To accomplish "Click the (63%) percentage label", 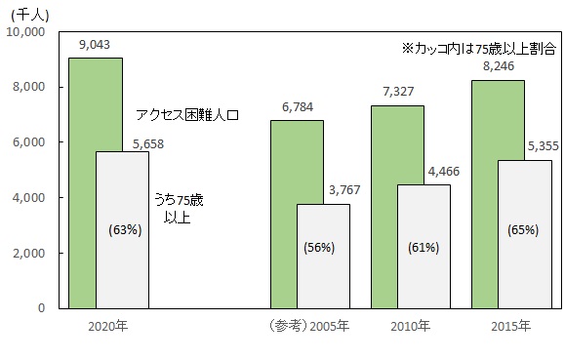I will point(122,231).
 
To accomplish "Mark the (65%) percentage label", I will point(524,231).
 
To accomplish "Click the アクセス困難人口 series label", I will point(187,114).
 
